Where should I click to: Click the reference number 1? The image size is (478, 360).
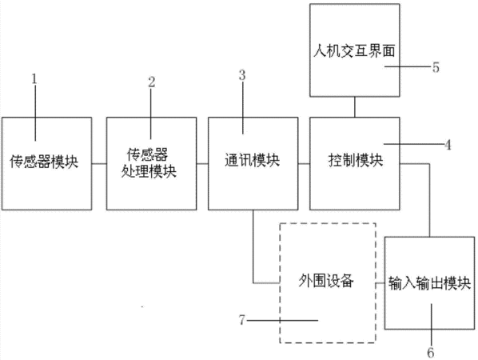[34, 79]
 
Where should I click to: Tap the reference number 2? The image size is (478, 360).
[152, 82]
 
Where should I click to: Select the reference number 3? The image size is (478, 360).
[242, 75]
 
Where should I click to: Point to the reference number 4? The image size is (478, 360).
[448, 145]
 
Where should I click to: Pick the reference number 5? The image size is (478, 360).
[436, 67]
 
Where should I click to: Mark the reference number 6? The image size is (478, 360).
[431, 353]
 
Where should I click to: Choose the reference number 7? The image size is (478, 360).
[241, 320]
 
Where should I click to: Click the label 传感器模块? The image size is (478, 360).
[44, 161]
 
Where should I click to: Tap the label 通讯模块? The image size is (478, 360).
[252, 160]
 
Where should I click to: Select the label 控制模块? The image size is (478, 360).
[356, 160]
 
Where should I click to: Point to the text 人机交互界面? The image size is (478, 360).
[354, 50]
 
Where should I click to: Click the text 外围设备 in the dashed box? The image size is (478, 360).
[326, 280]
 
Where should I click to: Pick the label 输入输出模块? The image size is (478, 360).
[429, 283]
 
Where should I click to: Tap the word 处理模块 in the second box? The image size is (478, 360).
[149, 171]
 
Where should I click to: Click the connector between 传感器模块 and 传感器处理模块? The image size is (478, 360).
[99, 164]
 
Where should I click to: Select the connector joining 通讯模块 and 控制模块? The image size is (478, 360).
[304, 164]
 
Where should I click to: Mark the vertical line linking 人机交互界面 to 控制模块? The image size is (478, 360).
[355, 107]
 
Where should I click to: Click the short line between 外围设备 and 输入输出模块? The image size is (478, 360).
[380, 283]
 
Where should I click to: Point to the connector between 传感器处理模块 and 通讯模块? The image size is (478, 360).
[202, 164]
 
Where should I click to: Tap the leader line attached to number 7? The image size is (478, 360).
[282, 320]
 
